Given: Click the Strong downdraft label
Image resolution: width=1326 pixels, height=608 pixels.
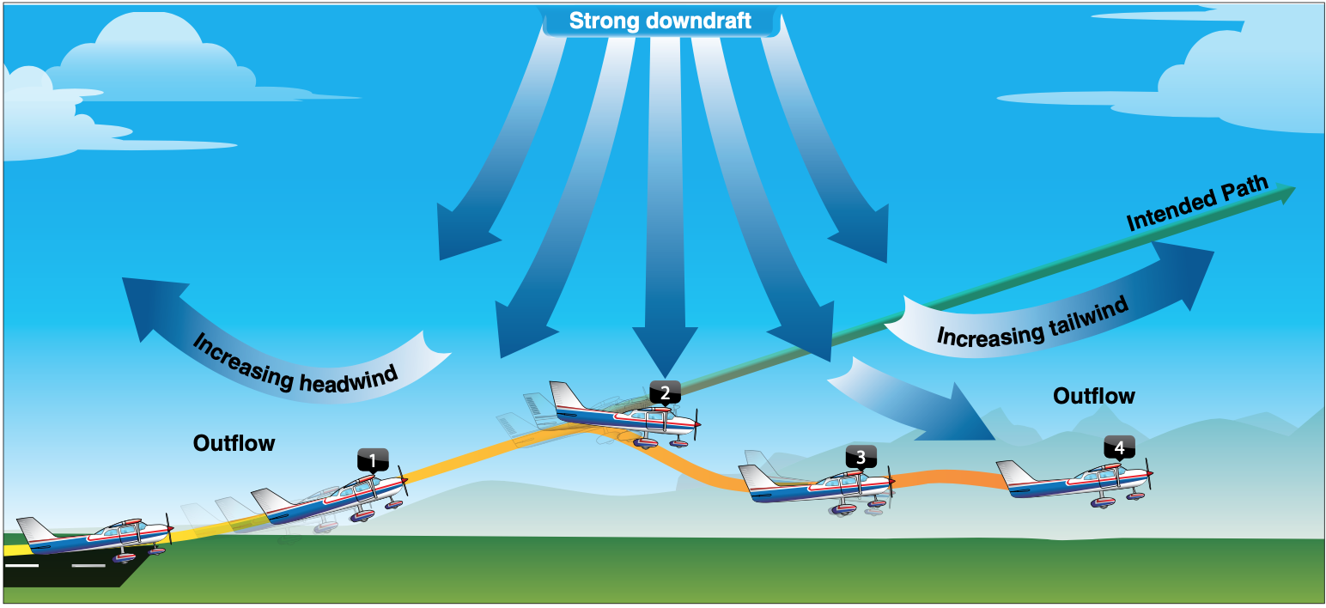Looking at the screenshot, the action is click(x=660, y=21).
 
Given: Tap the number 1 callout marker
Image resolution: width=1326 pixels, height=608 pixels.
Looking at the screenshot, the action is click(x=373, y=460).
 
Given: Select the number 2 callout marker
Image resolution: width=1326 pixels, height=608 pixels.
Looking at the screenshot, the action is click(x=665, y=392).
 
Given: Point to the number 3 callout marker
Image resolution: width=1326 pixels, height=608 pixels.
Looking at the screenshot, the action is click(x=861, y=457).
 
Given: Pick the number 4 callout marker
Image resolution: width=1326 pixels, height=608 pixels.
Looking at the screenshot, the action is click(x=1119, y=447).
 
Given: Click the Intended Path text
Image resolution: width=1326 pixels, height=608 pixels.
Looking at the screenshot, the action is click(x=1197, y=203).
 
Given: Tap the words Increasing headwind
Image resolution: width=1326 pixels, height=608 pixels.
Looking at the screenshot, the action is click(x=295, y=366).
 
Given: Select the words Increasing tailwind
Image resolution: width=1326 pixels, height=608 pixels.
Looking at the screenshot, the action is click(x=1033, y=324).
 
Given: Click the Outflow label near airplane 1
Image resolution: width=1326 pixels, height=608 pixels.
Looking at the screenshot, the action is click(x=234, y=443).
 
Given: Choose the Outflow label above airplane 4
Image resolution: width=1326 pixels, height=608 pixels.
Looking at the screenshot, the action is click(x=1094, y=396).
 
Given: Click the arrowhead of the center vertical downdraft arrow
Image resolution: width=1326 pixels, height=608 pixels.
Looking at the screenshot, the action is click(x=665, y=351).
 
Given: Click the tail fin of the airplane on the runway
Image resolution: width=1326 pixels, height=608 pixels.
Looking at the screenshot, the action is click(x=35, y=529).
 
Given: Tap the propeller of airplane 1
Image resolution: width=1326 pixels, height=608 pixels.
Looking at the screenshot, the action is click(x=403, y=481).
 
